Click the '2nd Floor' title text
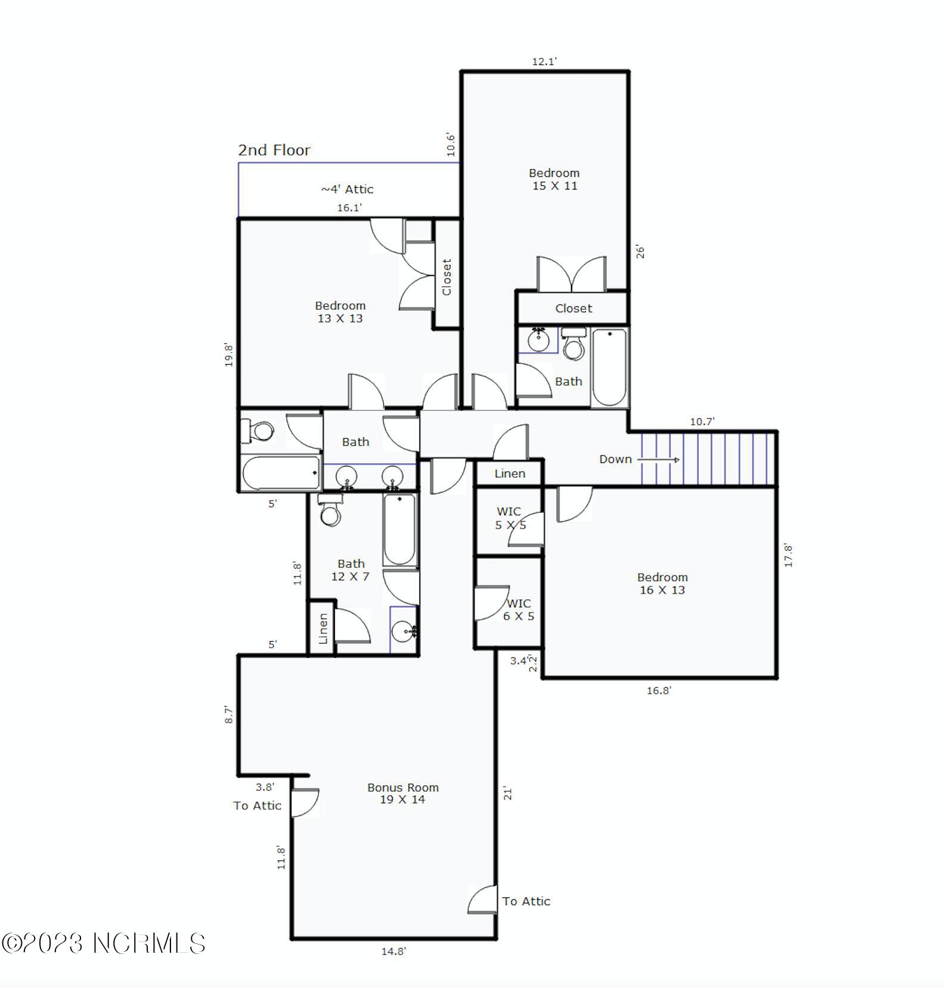(x=274, y=150)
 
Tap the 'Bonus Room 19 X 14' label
(x=403, y=793)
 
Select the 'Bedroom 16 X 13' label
(x=662, y=583)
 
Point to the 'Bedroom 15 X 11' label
(x=554, y=179)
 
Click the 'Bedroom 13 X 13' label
(x=340, y=312)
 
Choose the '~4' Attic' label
(x=347, y=189)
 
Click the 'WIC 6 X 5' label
(x=518, y=610)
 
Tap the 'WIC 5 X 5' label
(x=510, y=518)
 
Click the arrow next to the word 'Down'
(x=659, y=460)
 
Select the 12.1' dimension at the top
(x=545, y=61)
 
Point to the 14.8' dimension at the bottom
(x=393, y=952)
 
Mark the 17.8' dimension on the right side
(x=788, y=555)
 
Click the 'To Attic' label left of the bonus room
(x=257, y=806)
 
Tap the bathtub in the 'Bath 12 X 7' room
(x=400, y=529)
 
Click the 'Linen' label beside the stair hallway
(x=510, y=474)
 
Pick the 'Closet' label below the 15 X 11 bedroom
(x=573, y=309)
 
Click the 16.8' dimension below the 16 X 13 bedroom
(x=659, y=691)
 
